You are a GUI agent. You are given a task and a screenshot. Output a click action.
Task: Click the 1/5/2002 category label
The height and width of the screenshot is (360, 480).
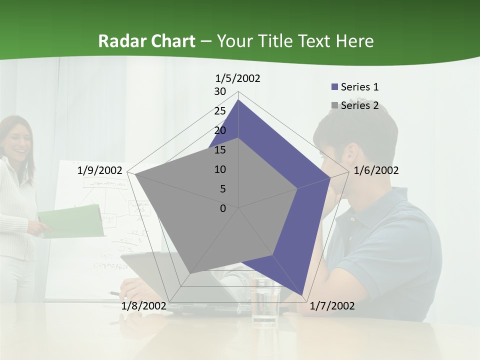(x=238, y=78)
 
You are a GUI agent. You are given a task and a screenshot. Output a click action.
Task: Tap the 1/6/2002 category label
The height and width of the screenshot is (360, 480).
(x=376, y=170)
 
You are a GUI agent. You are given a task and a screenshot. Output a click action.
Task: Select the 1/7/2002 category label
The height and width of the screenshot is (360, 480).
(x=332, y=306)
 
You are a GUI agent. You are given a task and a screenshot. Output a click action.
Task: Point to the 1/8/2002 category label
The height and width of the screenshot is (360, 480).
(x=143, y=306)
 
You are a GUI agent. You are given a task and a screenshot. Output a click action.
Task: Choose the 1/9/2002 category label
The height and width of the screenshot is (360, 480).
(x=100, y=170)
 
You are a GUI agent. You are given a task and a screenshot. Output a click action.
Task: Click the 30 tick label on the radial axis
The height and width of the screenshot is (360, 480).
(x=220, y=91)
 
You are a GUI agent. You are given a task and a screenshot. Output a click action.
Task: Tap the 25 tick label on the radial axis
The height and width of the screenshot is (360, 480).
(x=220, y=111)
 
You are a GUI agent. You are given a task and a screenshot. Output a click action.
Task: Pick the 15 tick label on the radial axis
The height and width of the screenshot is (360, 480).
(x=220, y=150)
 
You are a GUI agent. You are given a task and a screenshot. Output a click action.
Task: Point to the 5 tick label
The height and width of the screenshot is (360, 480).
(x=223, y=189)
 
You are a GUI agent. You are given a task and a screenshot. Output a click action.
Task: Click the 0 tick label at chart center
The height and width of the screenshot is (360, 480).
(x=223, y=208)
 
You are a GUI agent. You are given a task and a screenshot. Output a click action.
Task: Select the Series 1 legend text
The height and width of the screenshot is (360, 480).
(x=359, y=87)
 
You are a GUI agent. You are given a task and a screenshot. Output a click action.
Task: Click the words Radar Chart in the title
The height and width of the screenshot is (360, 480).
(x=147, y=41)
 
